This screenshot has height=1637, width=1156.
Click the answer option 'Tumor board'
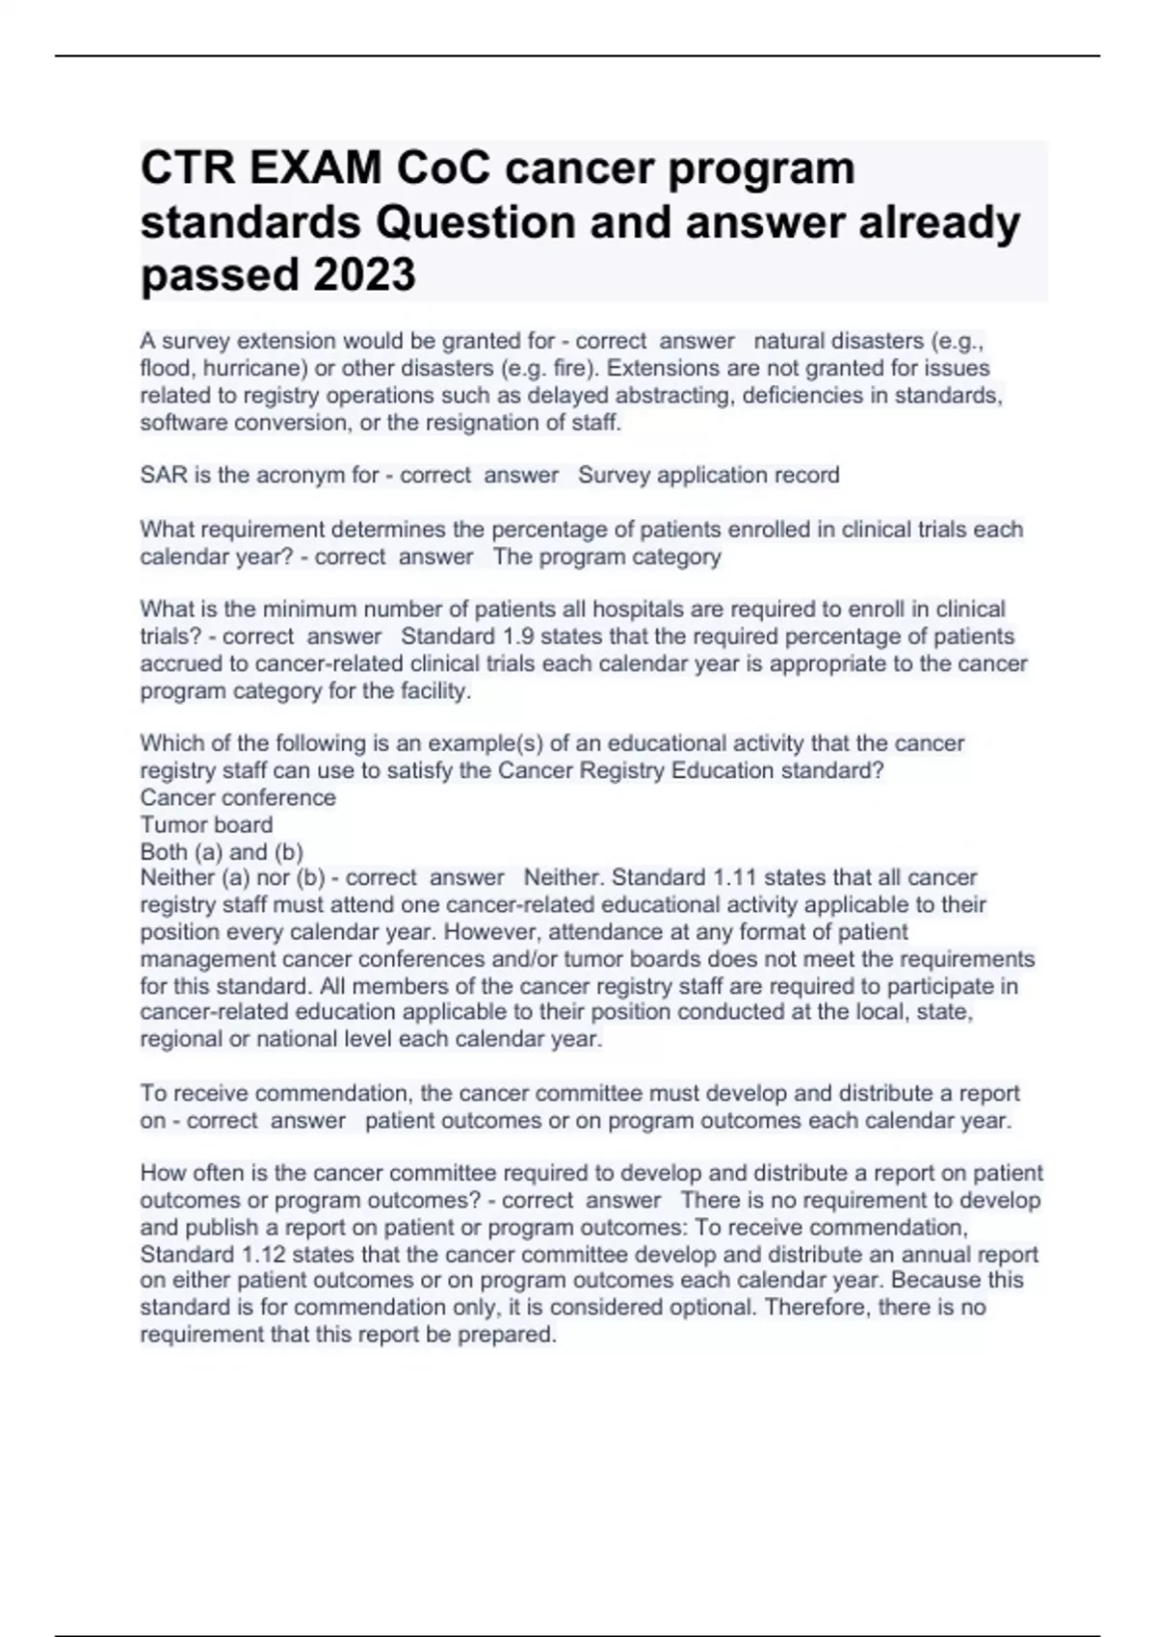pos(206,825)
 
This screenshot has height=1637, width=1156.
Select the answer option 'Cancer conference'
pos(238,798)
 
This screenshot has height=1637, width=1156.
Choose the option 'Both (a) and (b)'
pos(222,852)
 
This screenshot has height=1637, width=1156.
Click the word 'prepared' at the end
pos(512,1336)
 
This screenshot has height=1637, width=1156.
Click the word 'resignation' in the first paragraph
pos(493,423)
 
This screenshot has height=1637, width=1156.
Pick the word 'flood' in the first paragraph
pos(165,369)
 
